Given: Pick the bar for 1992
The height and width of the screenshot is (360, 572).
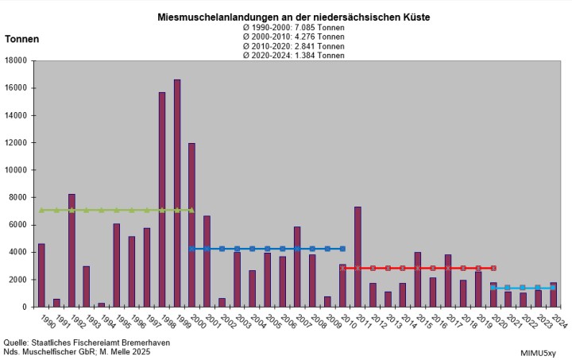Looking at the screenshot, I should click(x=71, y=250).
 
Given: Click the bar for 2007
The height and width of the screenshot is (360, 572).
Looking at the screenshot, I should click(x=297, y=266).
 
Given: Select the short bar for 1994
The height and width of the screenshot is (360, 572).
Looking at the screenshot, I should click(x=102, y=304).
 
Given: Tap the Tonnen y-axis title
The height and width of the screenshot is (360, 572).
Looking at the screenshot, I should click(x=22, y=39).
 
